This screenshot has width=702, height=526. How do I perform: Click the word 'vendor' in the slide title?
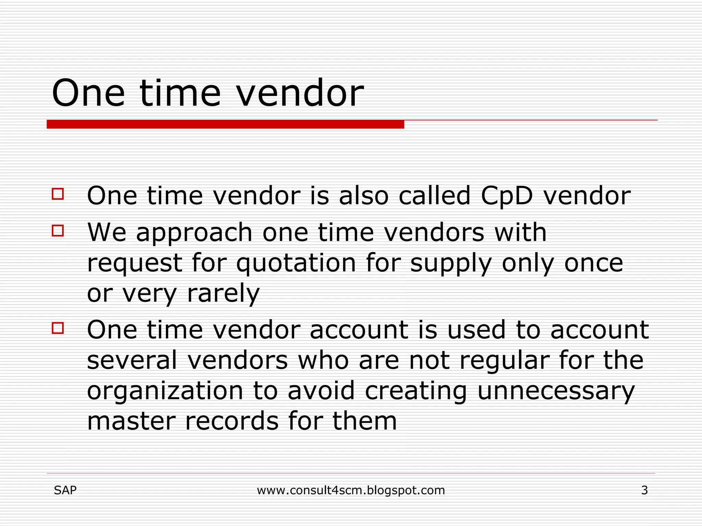(x=300, y=93)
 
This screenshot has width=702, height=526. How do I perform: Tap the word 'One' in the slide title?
(x=88, y=93)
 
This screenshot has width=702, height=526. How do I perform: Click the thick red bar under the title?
(x=225, y=124)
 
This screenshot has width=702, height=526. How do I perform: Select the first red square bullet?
(x=58, y=194)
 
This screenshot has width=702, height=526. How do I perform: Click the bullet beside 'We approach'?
(x=58, y=230)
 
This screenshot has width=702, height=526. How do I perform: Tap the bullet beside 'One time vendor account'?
(x=58, y=328)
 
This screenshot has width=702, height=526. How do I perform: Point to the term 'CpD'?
(x=507, y=196)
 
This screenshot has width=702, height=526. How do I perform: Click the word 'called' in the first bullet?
(x=434, y=196)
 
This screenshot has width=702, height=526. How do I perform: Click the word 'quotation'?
(x=296, y=263)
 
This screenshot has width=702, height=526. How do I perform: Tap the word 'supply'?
(x=451, y=264)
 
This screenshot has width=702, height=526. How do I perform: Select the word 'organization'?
(x=165, y=391)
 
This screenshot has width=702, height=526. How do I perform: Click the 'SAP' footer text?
(x=65, y=490)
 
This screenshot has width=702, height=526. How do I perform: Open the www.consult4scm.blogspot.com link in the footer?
(x=351, y=490)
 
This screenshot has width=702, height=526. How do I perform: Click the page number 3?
(x=644, y=490)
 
